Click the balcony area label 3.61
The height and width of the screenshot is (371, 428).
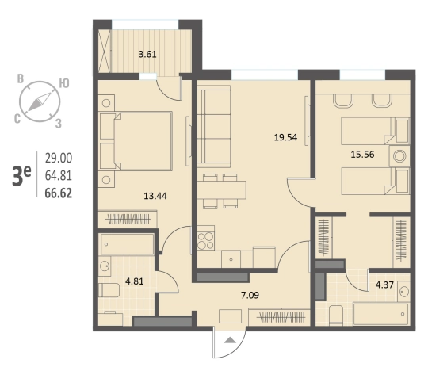click(x=147, y=55)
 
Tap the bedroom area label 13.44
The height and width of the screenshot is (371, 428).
click(x=155, y=196)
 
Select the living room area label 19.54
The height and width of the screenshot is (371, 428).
click(x=285, y=137)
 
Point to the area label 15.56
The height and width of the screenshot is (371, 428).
click(x=362, y=155)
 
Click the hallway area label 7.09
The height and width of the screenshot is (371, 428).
click(x=250, y=295)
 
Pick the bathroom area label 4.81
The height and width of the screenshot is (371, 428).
click(x=134, y=281)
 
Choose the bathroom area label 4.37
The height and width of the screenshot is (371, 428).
click(x=384, y=285)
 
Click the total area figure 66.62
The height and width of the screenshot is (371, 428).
click(x=59, y=193)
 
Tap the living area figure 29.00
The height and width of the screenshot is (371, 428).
click(x=59, y=158)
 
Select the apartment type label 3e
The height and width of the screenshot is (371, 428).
click(x=21, y=176)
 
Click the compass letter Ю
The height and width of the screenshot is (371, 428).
click(x=64, y=83)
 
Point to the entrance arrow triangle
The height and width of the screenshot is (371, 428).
click(x=231, y=340)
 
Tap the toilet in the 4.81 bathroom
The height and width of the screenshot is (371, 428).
click(x=109, y=290)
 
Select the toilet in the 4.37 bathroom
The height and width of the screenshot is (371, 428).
click(x=336, y=315)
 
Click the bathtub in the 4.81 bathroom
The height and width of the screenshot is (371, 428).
click(x=126, y=244)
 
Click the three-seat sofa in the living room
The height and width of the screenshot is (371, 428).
click(x=214, y=126)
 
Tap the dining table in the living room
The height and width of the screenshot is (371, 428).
click(x=221, y=189)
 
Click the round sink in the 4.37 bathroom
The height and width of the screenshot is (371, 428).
click(x=403, y=292)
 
